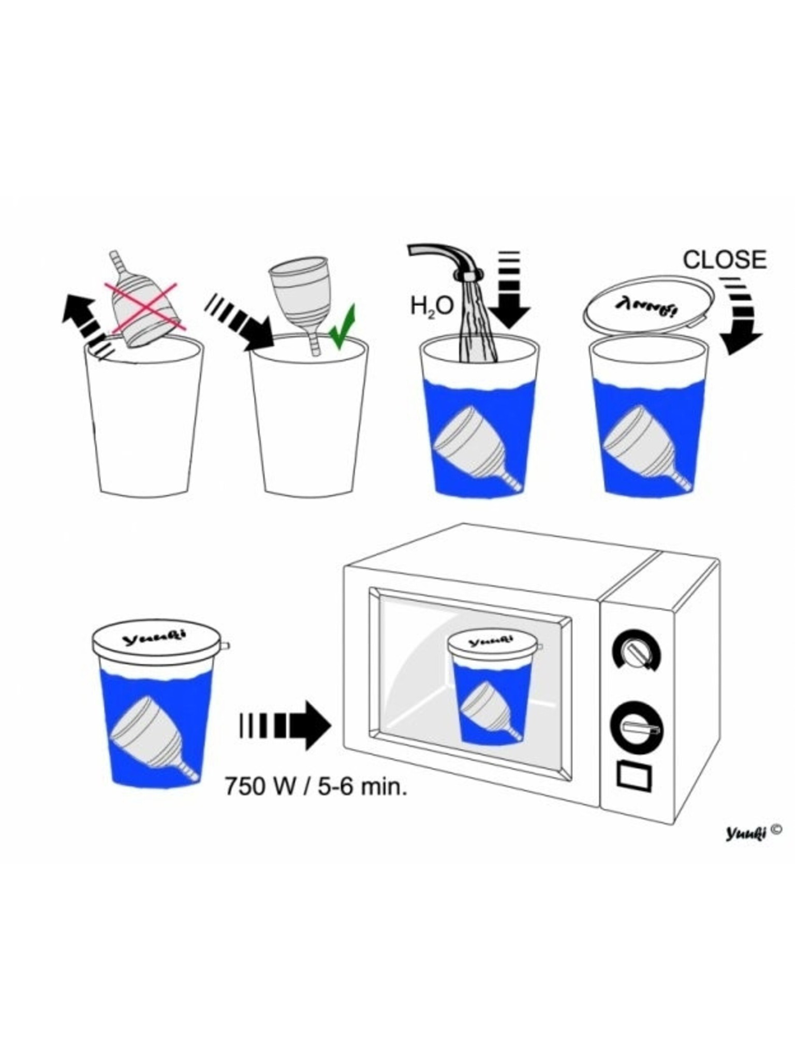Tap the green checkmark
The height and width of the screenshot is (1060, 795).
(x=342, y=327)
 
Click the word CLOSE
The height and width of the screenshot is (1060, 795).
(x=724, y=260)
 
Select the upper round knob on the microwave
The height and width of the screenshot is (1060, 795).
(x=636, y=652)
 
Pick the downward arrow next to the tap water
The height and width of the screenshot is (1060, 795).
(x=509, y=290)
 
